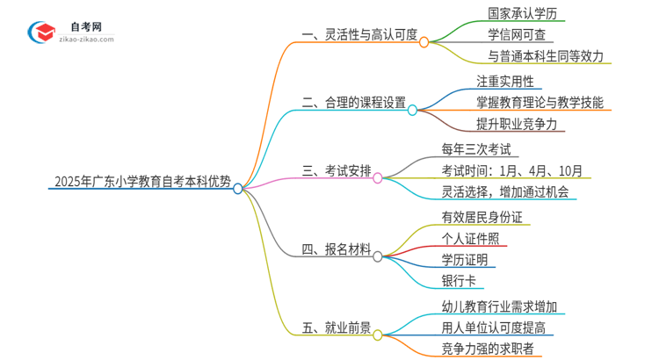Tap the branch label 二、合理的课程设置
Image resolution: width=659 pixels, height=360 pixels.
353,103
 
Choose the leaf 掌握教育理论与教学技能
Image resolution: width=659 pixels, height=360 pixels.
540,103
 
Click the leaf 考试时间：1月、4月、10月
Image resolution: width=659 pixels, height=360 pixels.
511,169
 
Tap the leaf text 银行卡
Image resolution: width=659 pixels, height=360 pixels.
459,281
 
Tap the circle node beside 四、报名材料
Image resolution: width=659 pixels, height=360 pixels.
377,257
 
